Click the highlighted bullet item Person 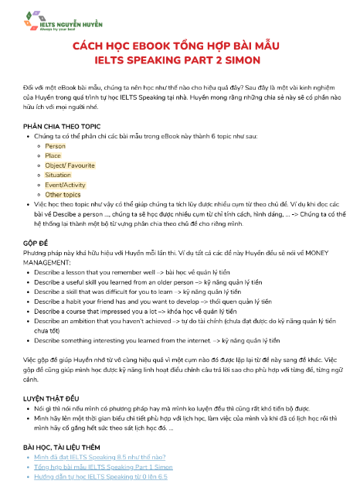55,145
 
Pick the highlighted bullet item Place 53,155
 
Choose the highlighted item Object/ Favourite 70,165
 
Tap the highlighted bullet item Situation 58,176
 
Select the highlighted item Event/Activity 66,186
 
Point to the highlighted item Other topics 63,195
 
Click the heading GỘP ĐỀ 36,242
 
